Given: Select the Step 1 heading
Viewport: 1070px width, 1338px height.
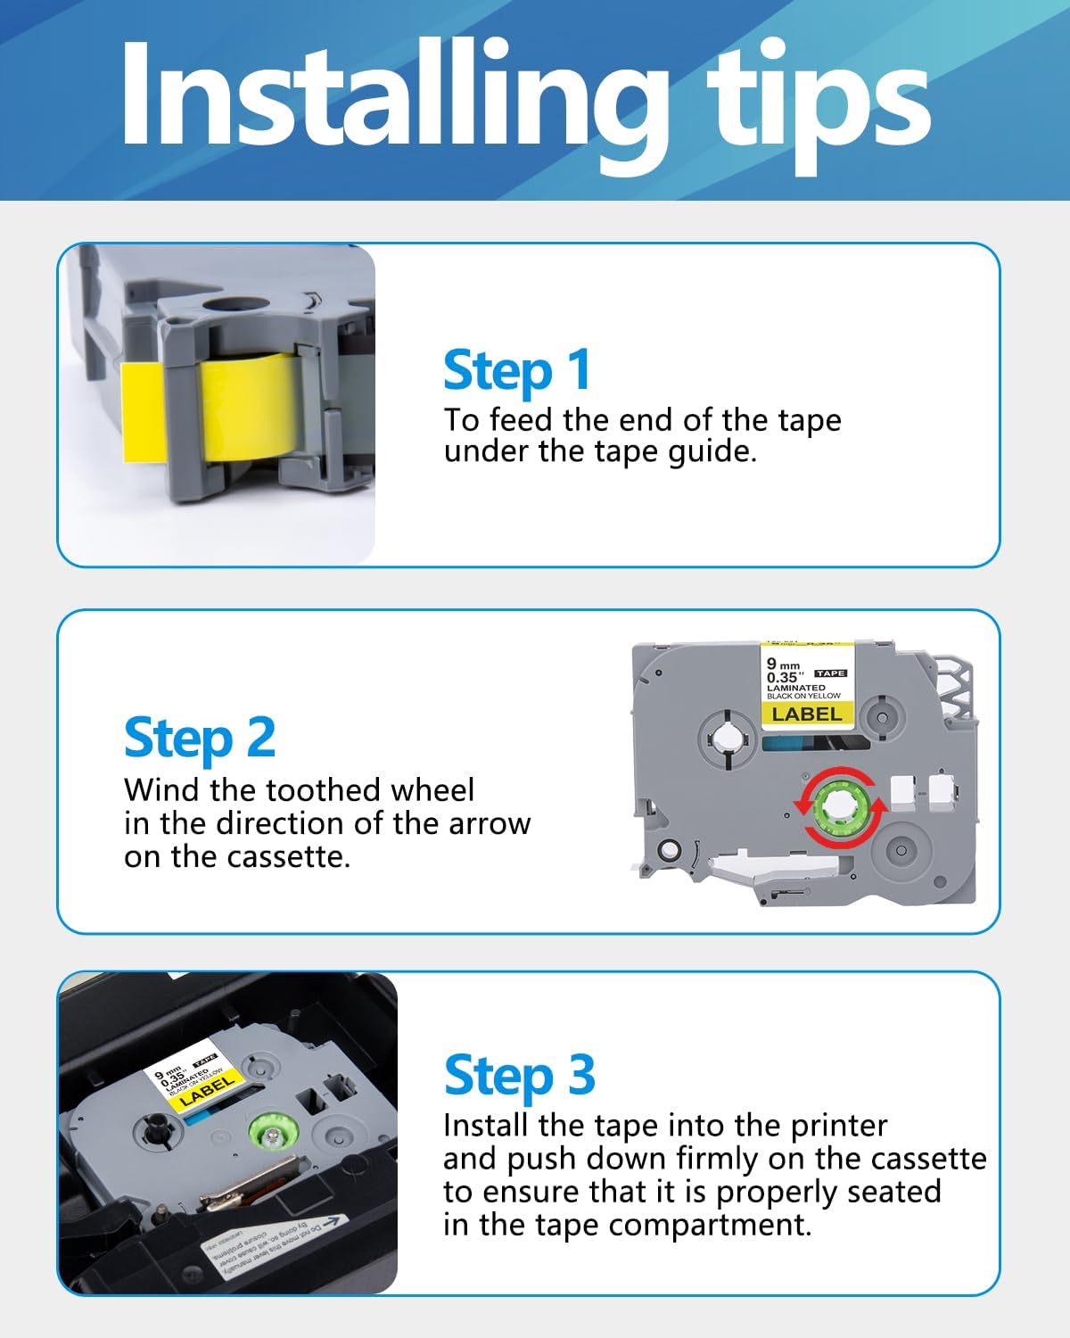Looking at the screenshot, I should tap(517, 370).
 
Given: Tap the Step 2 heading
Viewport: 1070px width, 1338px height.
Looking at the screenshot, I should tap(200, 739).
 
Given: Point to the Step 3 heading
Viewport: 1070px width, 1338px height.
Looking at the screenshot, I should tap(519, 1075).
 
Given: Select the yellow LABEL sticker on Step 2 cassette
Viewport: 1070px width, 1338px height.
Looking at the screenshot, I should tap(806, 714).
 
